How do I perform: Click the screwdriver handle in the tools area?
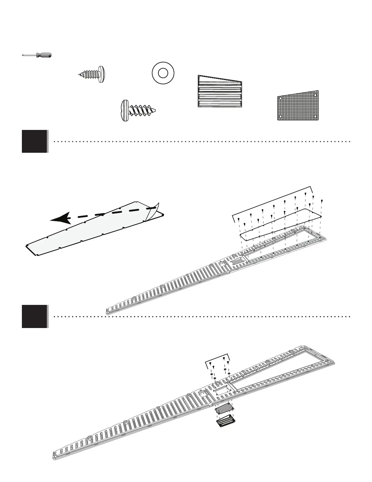point(44,55)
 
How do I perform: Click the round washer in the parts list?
point(163,73)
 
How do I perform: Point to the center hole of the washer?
point(163,73)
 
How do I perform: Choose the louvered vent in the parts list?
point(220,92)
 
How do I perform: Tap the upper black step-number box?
point(35,141)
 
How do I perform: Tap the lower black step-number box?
point(35,316)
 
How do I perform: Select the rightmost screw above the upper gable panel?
point(322,201)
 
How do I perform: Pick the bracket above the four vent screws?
point(218,358)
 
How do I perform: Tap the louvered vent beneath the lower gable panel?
point(225,422)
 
